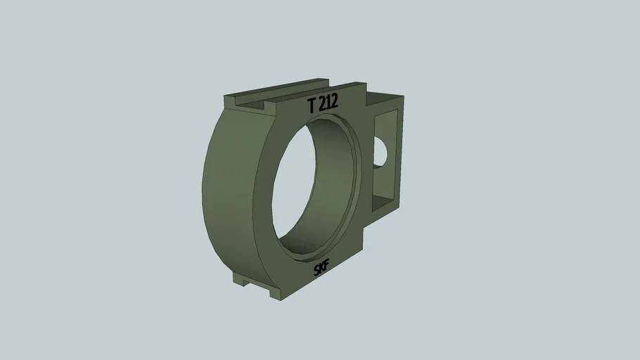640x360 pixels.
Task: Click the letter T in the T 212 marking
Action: tap(312, 105)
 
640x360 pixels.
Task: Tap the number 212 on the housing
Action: tap(328, 103)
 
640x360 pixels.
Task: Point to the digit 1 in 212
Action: tap(329, 103)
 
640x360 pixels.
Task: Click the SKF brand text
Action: tap(322, 268)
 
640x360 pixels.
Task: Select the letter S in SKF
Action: tap(317, 271)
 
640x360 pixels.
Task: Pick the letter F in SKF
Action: tap(327, 264)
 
